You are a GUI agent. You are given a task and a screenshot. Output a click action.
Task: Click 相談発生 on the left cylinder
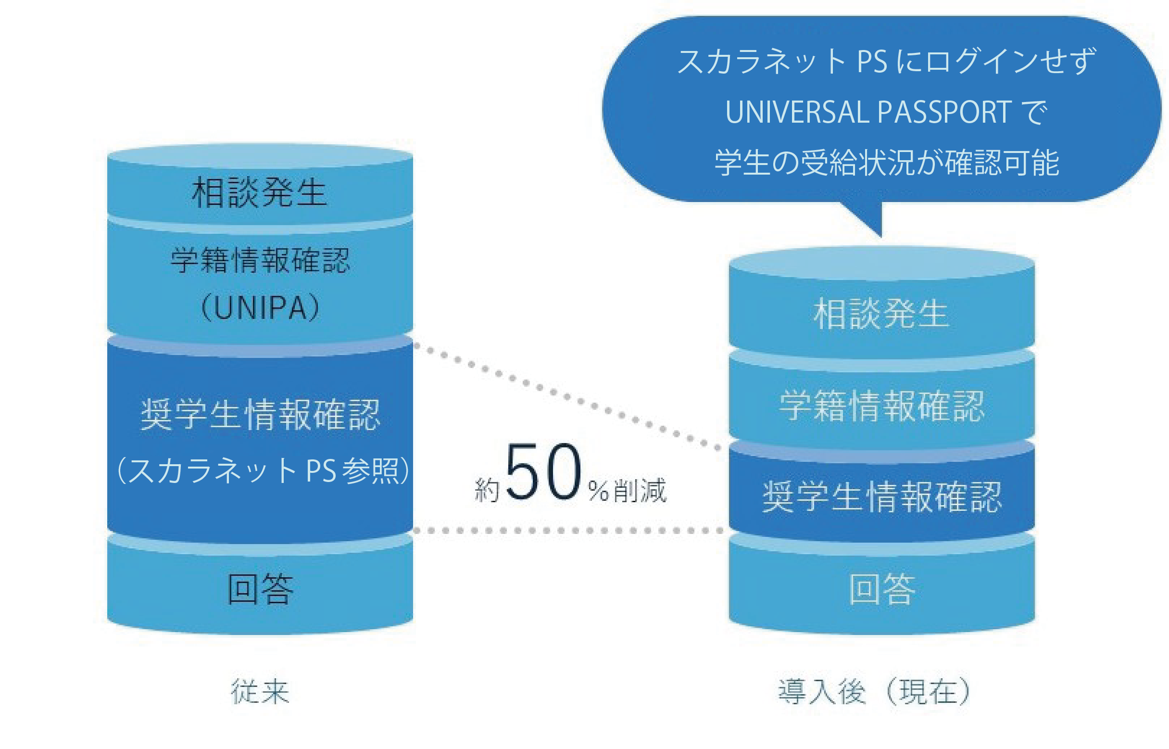[x=260, y=192]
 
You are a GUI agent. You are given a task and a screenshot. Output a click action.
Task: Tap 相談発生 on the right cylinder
[x=881, y=314]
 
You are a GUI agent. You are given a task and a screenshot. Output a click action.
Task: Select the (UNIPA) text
[x=260, y=307]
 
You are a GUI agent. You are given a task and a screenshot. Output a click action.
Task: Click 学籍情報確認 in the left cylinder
[x=260, y=260]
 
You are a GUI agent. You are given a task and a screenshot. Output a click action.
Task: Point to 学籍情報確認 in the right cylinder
[x=882, y=406]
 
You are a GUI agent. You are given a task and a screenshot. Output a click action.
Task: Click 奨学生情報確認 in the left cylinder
[x=260, y=414]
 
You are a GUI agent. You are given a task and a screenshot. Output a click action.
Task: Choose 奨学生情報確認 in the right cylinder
[x=882, y=496]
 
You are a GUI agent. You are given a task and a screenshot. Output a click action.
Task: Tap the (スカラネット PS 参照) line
[x=263, y=470]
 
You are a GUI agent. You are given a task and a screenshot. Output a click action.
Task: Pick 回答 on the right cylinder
[x=882, y=588]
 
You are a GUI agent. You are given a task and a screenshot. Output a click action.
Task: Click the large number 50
[x=543, y=472]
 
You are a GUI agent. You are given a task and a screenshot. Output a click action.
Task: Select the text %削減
[x=627, y=490]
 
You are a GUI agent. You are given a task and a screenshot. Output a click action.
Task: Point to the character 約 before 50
[x=487, y=490]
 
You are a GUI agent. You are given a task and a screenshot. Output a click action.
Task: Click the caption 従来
[x=260, y=691]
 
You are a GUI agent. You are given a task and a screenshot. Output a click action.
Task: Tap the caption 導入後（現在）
[x=874, y=691]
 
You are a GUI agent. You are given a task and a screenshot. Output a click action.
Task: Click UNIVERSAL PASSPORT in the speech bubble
[x=868, y=113]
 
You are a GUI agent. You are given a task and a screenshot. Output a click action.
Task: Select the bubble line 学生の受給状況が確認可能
[x=886, y=163]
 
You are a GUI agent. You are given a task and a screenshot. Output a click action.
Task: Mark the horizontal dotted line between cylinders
[x=569, y=531]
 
